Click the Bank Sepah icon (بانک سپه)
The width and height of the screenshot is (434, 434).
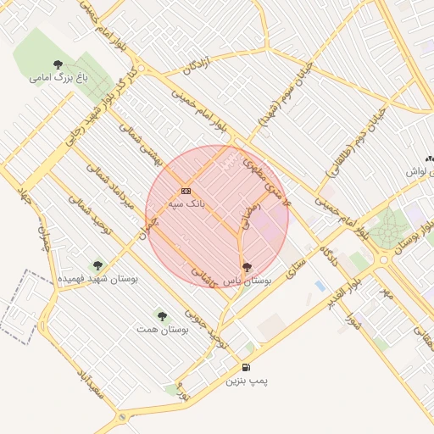(x=186, y=191)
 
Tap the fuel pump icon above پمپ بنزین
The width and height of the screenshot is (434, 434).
(x=246, y=367)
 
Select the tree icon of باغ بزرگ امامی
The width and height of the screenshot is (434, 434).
(x=58, y=64)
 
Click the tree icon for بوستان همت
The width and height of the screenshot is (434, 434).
(x=162, y=315)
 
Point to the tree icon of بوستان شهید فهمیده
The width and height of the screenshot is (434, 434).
(x=97, y=265)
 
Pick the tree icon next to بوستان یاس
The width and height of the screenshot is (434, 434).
(x=248, y=267)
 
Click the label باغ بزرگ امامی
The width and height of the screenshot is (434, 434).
(x=59, y=78)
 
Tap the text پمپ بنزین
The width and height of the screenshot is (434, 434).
(x=246, y=381)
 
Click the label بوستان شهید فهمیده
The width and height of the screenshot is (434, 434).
(x=97, y=278)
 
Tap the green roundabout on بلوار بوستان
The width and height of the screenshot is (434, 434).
(x=389, y=227)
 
